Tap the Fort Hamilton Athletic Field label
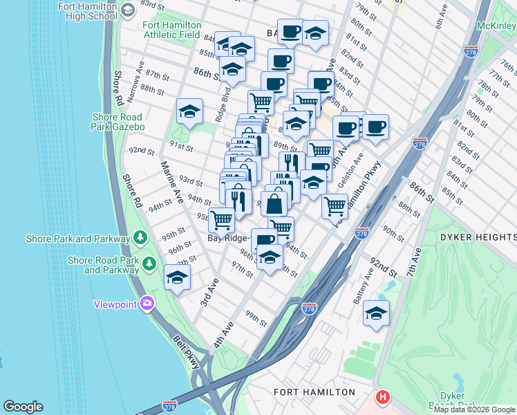point(173,31)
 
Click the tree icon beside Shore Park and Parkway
point(140,239)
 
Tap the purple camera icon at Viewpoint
point(147,303)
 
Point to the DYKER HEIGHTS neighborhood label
point(477,237)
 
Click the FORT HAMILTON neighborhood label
point(314,392)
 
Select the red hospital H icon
point(382,398)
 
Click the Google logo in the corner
point(23,407)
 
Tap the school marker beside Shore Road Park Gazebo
point(189,111)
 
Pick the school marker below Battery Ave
point(376,313)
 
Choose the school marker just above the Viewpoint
point(178,278)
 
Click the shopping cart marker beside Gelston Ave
point(335,205)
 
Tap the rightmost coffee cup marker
point(375,127)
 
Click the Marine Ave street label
point(171,183)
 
